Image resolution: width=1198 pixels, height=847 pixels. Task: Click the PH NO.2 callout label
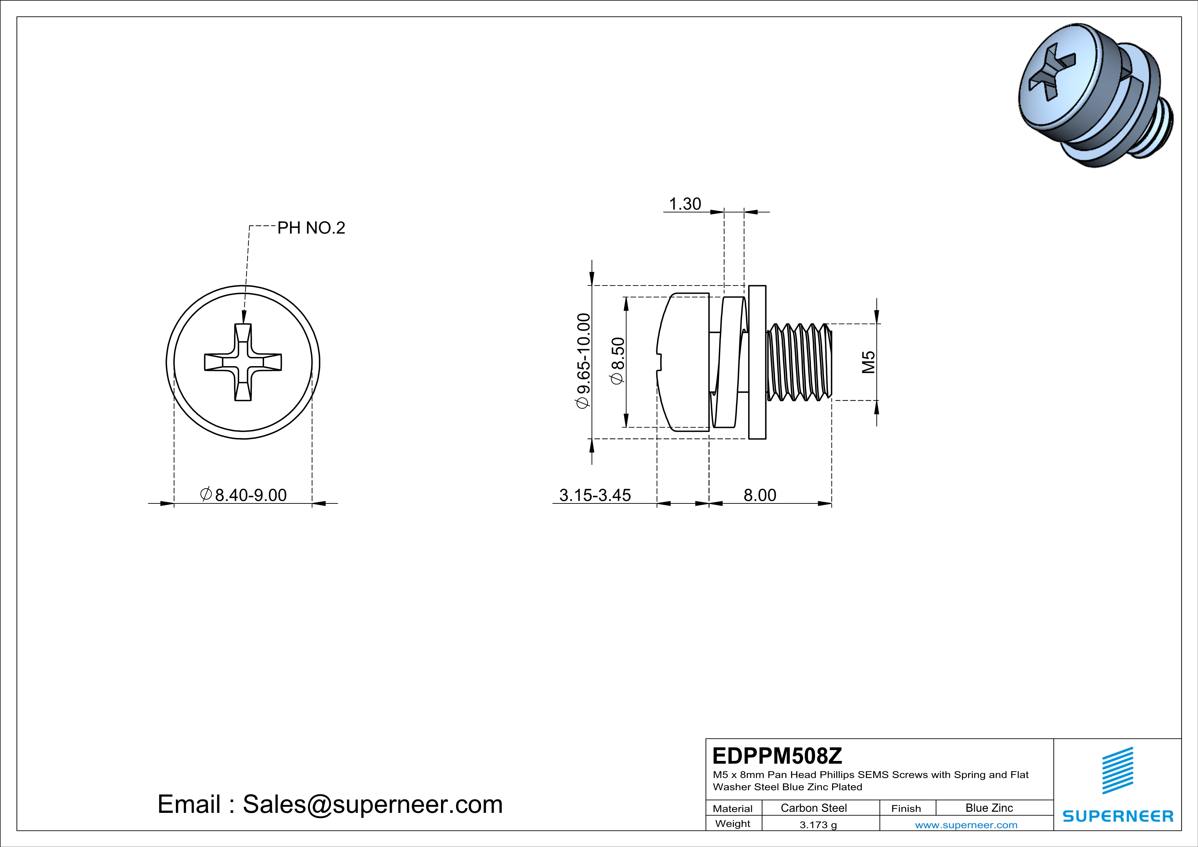point(311,228)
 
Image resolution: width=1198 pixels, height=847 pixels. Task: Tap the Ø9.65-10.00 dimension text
point(583,361)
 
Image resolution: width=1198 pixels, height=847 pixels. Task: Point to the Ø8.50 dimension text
point(618,361)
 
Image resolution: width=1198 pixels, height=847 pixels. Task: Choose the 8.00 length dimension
point(760,495)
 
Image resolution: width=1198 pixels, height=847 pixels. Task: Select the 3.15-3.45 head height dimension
point(595,495)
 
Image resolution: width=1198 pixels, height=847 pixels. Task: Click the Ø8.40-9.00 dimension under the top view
point(244,495)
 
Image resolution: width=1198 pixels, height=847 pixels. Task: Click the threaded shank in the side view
point(798,362)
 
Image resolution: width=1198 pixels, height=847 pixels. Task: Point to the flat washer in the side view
point(757,362)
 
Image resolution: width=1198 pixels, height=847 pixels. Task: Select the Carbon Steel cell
point(813,808)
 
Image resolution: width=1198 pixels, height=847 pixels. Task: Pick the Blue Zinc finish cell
point(989,808)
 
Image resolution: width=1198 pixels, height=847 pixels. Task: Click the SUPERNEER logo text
point(1118,816)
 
